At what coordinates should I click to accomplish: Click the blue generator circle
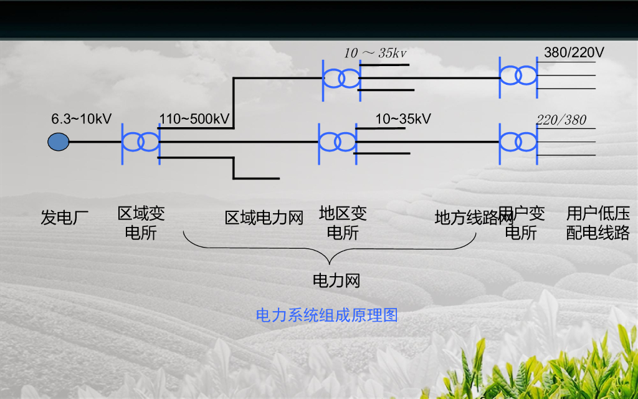tap(58, 142)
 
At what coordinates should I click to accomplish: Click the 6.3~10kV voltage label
tap(81, 118)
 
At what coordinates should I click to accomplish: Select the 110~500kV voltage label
tap(194, 118)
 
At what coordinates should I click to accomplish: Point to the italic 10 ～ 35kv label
tap(375, 53)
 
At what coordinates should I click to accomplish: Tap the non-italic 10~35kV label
tap(403, 118)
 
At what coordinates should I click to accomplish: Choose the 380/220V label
tap(574, 52)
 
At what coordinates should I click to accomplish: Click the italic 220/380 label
tap(561, 120)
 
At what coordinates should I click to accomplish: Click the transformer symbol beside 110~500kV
tap(141, 142)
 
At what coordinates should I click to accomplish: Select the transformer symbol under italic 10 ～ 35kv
tap(341, 78)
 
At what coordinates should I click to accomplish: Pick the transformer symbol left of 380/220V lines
tap(518, 76)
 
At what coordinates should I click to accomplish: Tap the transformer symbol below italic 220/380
tap(518, 142)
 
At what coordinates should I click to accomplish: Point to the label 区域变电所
tap(141, 224)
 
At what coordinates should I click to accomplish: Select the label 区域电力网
tap(264, 218)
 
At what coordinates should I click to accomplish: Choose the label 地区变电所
tap(343, 224)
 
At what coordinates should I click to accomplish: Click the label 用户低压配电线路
tap(598, 224)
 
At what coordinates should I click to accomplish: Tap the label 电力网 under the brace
tap(336, 281)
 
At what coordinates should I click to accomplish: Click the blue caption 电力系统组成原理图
tap(327, 315)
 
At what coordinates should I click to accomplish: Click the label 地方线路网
tap(474, 218)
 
